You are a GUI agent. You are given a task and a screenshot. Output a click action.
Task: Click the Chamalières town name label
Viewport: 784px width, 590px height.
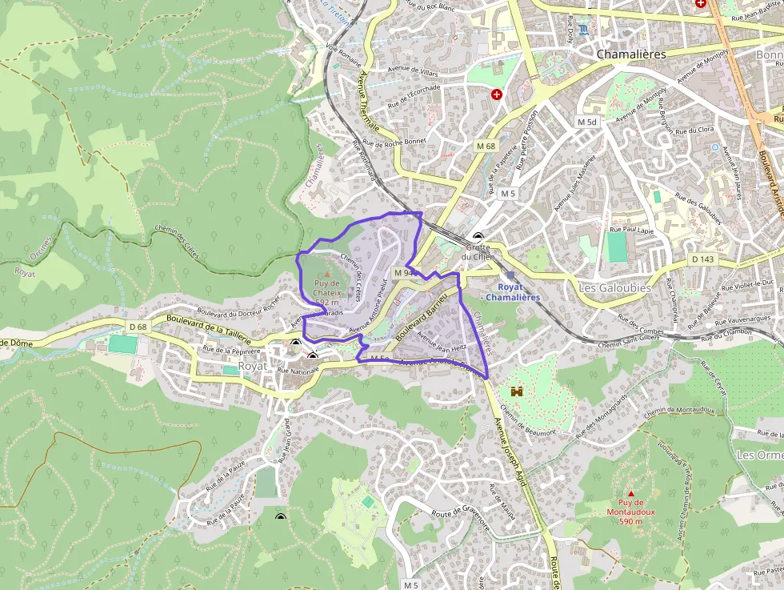pyautogui.click(x=631, y=54)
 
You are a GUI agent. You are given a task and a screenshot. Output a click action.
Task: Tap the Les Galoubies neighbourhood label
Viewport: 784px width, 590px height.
pyautogui.click(x=614, y=287)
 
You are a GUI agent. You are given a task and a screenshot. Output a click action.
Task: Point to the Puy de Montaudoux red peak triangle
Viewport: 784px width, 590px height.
pyautogui.click(x=631, y=493)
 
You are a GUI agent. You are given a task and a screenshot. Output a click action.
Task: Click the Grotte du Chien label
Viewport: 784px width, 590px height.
pyautogui.click(x=478, y=252)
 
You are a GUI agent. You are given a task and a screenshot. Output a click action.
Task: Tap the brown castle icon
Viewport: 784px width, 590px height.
pyautogui.click(x=517, y=392)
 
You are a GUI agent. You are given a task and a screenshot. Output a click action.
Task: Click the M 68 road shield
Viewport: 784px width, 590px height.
pyautogui.click(x=486, y=146)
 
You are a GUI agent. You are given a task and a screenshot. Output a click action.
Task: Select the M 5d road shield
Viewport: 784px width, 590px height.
pyautogui.click(x=587, y=122)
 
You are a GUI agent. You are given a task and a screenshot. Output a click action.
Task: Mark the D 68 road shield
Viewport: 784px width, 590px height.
pyautogui.click(x=138, y=326)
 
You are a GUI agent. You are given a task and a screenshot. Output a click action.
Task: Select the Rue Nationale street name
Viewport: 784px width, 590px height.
pyautogui.click(x=298, y=371)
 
